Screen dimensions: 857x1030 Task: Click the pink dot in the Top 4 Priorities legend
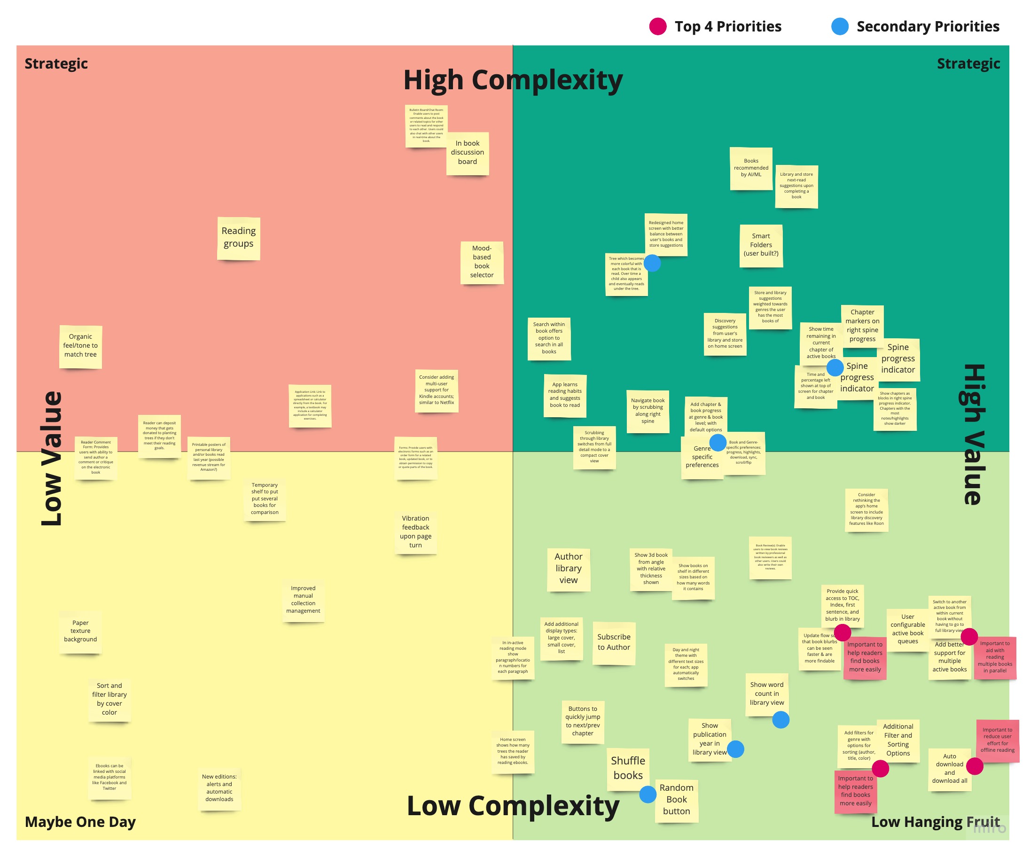tap(657, 26)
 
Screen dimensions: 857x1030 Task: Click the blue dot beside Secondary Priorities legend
tap(840, 26)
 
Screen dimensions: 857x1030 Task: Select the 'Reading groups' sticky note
tap(238, 237)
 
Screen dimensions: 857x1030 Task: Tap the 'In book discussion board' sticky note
tap(468, 153)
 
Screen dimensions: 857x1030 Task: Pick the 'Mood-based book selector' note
tap(482, 262)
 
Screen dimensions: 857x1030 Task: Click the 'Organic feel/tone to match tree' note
tap(80, 346)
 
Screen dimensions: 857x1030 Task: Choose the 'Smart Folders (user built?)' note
tap(761, 245)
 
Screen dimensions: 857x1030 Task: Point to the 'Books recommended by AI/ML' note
tap(751, 168)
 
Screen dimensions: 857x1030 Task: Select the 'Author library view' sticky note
tap(569, 569)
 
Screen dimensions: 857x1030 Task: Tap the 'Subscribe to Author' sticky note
tap(614, 642)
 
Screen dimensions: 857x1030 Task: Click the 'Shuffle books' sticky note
tap(628, 768)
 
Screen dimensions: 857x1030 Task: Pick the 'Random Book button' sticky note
tap(676, 800)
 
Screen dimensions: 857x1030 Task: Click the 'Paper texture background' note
tap(80, 631)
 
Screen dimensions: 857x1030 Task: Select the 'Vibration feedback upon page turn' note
tap(415, 532)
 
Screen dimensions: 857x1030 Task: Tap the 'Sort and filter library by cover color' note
tap(109, 699)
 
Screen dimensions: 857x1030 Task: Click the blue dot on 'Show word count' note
tap(780, 720)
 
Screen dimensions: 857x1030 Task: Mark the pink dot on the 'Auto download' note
tap(974, 766)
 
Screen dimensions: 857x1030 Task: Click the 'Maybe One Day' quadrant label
tap(80, 822)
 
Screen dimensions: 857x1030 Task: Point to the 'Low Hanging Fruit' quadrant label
tap(935, 822)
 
